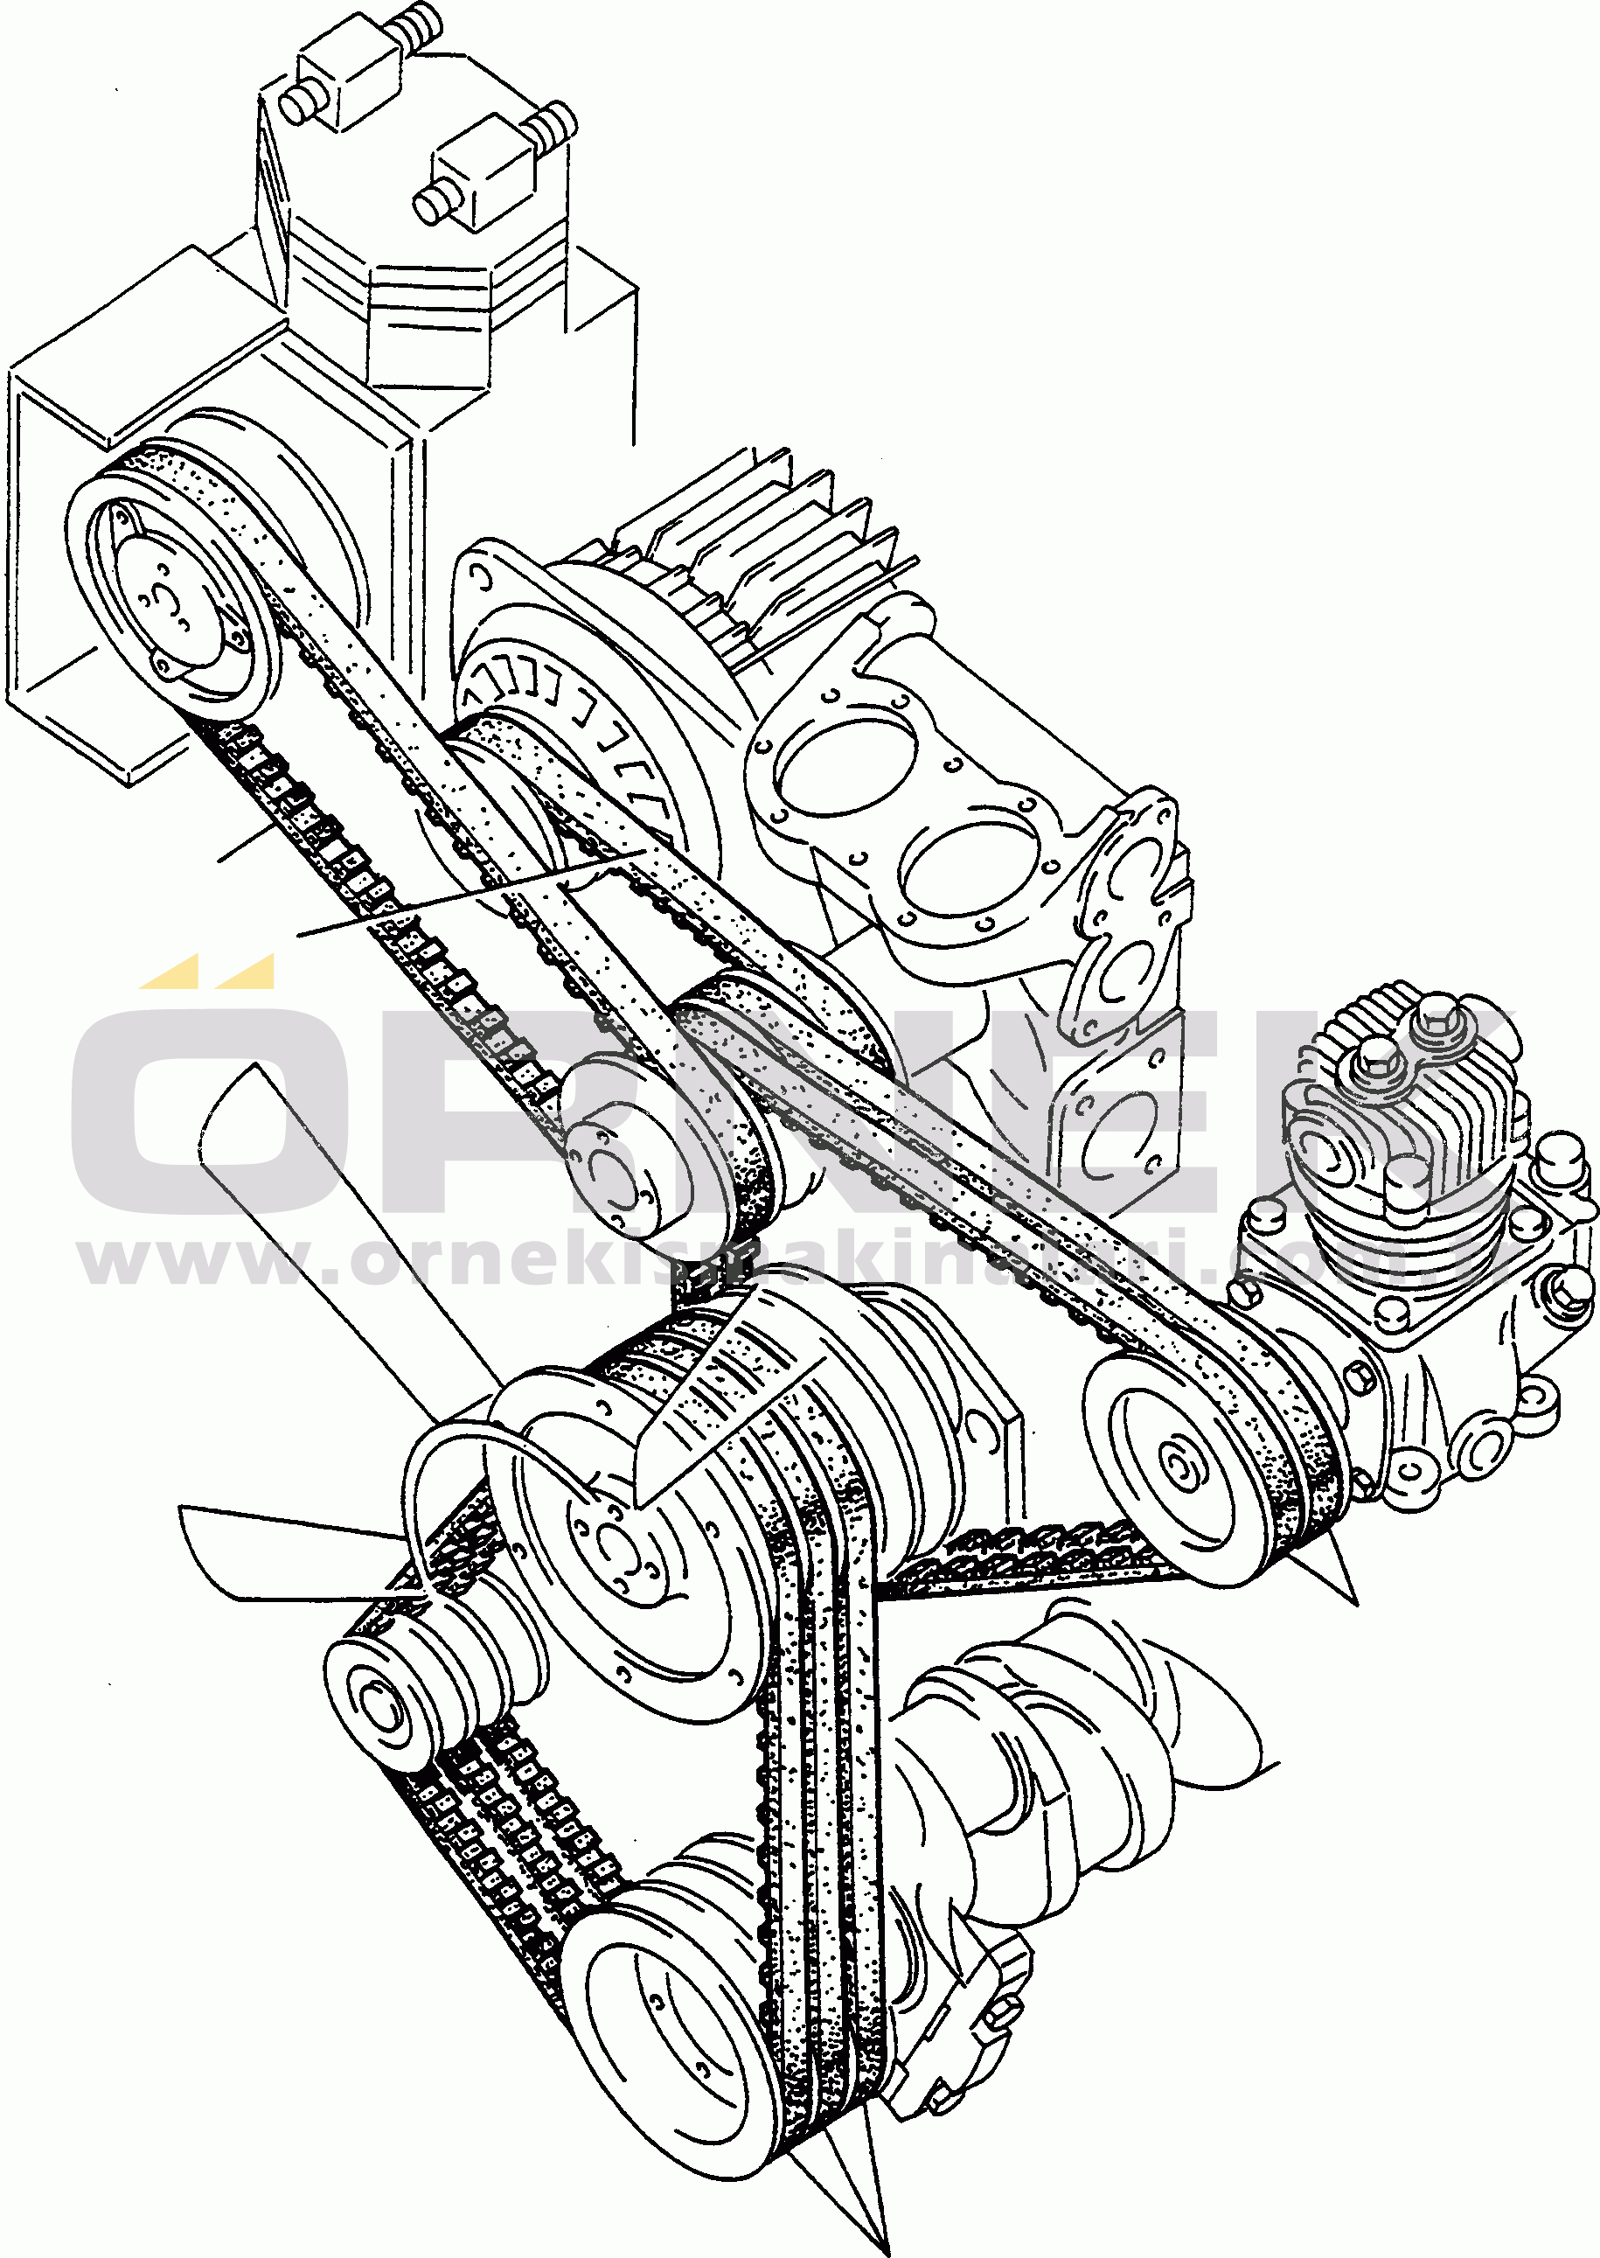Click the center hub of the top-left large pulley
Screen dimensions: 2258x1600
(163, 597)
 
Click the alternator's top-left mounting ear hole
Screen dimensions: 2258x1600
(481, 577)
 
